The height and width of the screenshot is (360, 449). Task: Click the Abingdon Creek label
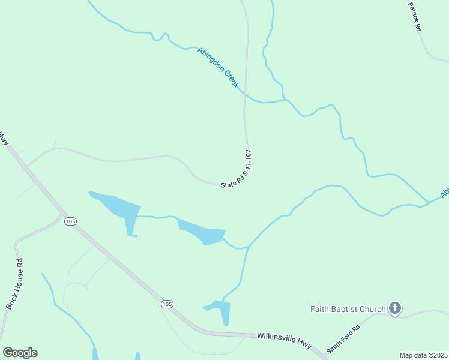coord(218,67)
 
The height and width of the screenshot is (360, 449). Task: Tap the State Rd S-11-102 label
coord(236,170)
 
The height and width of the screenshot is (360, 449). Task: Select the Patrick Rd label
coord(414,16)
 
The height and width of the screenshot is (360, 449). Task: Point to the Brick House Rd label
coord(14,284)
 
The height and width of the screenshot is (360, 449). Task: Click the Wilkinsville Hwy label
coord(285,341)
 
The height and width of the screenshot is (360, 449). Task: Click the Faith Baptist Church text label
coord(348,310)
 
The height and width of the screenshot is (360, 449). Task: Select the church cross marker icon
coord(394,309)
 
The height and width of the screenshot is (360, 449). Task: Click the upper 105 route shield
coord(71,221)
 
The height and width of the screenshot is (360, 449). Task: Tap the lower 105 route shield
coord(167,305)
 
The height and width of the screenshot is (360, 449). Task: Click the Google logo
coord(20,353)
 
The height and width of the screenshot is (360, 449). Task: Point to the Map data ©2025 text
coord(423,355)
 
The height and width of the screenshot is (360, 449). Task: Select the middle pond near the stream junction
coord(202,232)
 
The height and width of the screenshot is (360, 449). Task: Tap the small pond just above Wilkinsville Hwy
coord(221,311)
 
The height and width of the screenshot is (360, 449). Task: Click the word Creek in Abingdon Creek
coord(231,79)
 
